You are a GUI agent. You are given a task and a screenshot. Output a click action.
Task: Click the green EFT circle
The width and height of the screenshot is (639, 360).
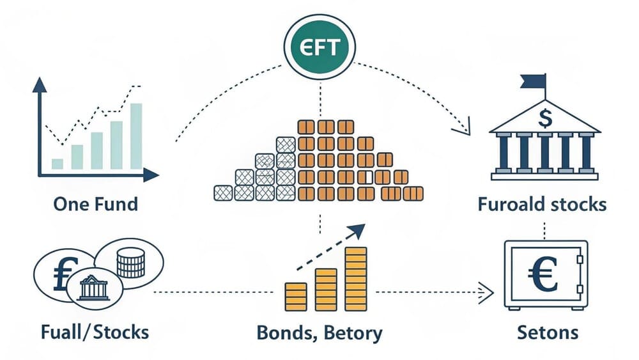point(319,47)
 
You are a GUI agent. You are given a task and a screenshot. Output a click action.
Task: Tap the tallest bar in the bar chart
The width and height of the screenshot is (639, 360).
point(136,136)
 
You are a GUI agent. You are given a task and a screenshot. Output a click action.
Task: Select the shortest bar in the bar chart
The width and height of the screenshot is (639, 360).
point(58,164)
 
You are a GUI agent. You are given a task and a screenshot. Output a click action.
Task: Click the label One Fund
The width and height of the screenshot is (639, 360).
point(96,204)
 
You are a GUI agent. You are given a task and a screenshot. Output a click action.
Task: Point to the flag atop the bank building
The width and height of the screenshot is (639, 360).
point(533,81)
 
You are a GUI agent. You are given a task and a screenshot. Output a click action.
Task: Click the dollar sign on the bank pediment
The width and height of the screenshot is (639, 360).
point(545,118)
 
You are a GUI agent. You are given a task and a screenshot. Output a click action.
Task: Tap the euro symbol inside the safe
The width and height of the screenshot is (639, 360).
point(543,274)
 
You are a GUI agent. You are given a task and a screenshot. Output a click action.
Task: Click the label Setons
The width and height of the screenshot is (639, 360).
point(548,333)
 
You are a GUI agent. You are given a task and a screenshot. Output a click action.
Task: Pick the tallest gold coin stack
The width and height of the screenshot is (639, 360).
point(356,278)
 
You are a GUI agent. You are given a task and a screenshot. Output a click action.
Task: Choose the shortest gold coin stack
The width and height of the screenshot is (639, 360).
point(296,297)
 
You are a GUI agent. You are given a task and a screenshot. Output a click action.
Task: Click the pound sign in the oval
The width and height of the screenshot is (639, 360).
point(65,274)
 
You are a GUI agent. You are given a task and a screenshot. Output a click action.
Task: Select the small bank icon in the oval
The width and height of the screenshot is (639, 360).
point(94,288)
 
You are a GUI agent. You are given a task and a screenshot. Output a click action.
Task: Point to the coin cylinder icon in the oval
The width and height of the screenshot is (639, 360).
point(130,263)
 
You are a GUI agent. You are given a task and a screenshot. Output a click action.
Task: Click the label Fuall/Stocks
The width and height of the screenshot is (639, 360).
point(95,333)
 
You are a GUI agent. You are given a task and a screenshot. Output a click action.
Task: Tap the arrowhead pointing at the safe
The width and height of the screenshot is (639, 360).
point(486,292)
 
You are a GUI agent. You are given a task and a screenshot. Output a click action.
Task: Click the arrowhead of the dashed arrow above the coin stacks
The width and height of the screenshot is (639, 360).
point(357,230)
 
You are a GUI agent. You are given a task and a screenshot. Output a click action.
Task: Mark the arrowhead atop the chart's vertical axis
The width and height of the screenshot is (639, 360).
point(40,84)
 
